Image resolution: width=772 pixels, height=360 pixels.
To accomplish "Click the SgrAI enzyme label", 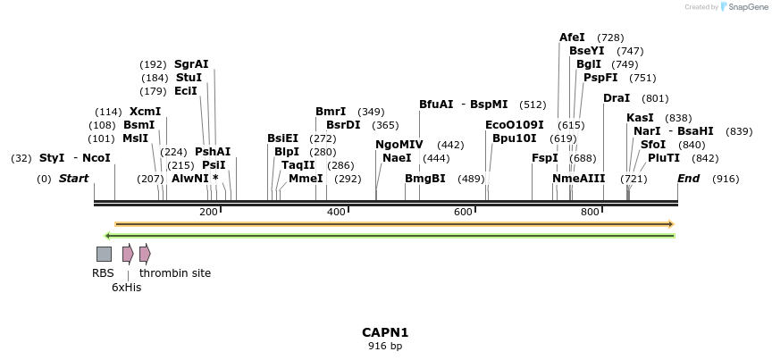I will point(191,64).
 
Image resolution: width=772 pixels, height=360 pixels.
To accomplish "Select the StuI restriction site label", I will point(189,78).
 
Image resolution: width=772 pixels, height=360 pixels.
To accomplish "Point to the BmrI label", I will point(331,112).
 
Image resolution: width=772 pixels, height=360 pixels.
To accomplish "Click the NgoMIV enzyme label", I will point(399,145).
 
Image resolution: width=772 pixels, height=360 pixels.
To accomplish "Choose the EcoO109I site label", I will point(514,125).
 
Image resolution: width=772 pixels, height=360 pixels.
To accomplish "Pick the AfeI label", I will point(572,38).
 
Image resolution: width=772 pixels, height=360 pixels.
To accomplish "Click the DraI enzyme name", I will point(617,98).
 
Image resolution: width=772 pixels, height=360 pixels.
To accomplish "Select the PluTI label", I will point(664,158).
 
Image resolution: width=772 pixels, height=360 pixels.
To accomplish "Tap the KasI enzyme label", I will point(640,118).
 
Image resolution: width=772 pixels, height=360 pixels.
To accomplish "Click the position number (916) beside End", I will point(726,180).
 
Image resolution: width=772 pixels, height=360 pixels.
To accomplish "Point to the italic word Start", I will point(73,179).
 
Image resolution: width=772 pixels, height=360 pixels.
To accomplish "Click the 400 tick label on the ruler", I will point(337,212).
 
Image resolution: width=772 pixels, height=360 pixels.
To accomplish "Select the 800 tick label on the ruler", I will point(590,212).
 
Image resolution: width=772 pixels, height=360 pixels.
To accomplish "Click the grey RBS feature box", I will point(105,254).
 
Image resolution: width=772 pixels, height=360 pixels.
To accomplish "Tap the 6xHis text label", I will point(126,288).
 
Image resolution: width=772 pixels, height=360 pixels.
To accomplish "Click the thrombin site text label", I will point(175,273).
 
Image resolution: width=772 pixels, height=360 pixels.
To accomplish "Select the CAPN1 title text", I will point(385,332).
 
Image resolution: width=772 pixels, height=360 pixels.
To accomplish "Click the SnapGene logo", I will point(744,7).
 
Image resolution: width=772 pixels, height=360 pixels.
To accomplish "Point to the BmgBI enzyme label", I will point(425,179).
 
